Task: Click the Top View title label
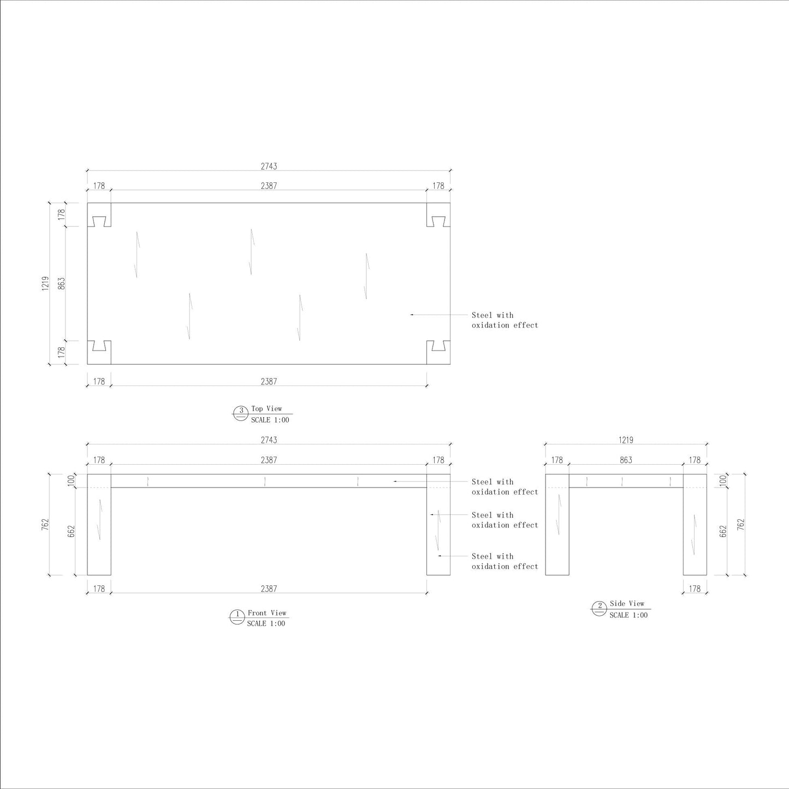pyautogui.click(x=266, y=408)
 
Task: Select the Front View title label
pyautogui.click(x=267, y=613)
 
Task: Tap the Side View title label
pyautogui.click(x=627, y=603)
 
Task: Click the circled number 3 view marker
pyautogui.click(x=241, y=413)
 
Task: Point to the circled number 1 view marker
pyautogui.click(x=236, y=617)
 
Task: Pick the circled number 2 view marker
pyautogui.click(x=600, y=608)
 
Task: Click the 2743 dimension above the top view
pyautogui.click(x=269, y=166)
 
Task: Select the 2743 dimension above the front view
pyautogui.click(x=269, y=440)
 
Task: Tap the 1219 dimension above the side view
pyautogui.click(x=626, y=440)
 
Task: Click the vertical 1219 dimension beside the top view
pyautogui.click(x=45, y=283)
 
